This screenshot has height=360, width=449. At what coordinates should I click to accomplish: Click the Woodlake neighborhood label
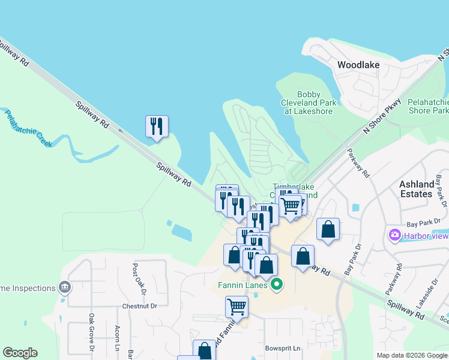tap(358, 64)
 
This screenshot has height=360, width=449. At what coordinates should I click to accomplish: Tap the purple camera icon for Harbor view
tap(395, 235)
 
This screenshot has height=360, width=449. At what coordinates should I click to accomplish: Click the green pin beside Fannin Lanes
tap(276, 284)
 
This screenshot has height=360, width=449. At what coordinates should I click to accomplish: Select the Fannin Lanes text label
tap(243, 284)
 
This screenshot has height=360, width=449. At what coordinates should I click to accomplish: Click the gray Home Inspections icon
tap(64, 288)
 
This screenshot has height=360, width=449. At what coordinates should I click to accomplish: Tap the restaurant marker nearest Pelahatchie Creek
tap(157, 127)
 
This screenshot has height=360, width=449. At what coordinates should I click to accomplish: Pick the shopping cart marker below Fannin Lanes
tap(237, 307)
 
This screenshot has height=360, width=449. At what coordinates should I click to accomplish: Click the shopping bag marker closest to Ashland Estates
tap(328, 229)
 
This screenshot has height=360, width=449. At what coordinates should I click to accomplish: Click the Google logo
tap(20, 353)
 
